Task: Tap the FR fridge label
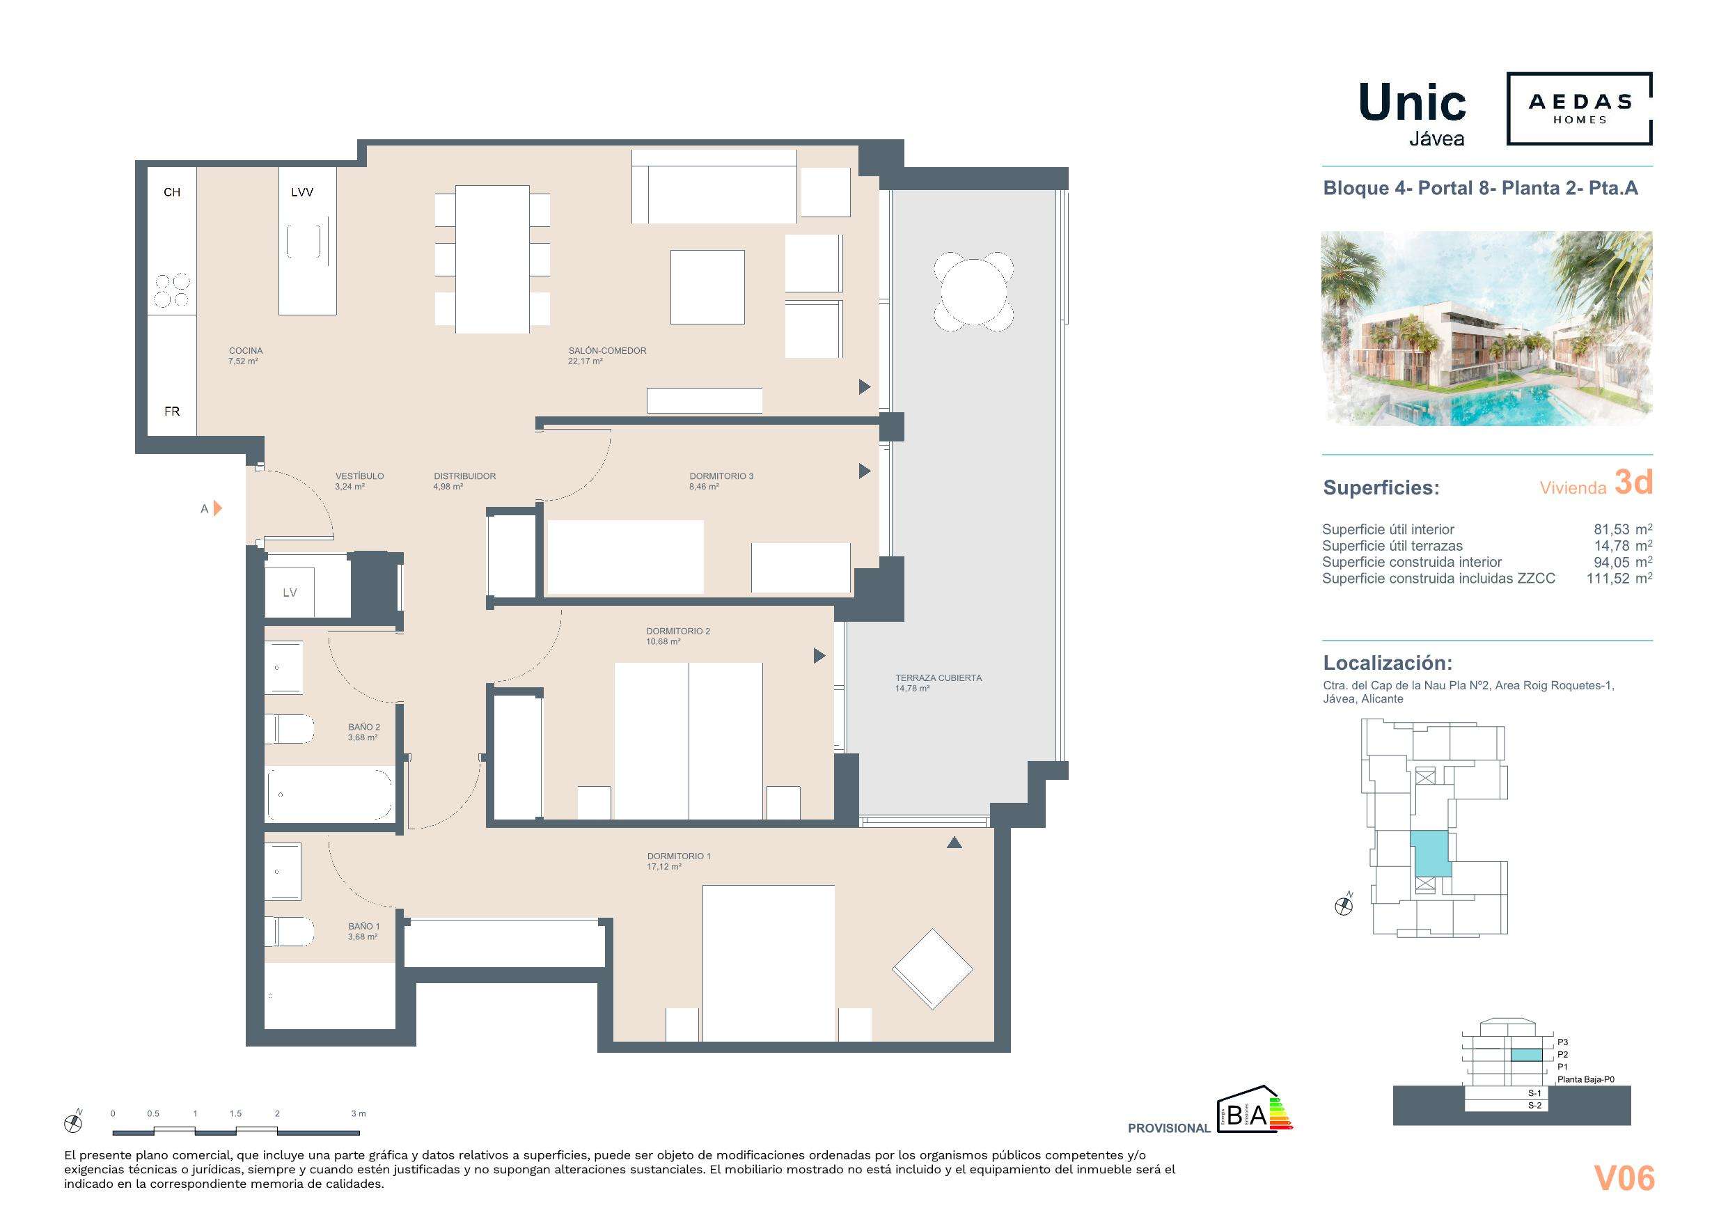click(x=173, y=411)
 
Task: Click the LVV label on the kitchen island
click(x=301, y=192)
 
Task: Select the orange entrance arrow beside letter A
click(x=217, y=509)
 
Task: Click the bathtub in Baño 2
click(x=329, y=794)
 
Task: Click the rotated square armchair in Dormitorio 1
click(x=932, y=969)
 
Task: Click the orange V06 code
click(x=1624, y=1178)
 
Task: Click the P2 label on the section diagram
click(x=1563, y=1055)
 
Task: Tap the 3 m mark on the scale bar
click(x=359, y=1113)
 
